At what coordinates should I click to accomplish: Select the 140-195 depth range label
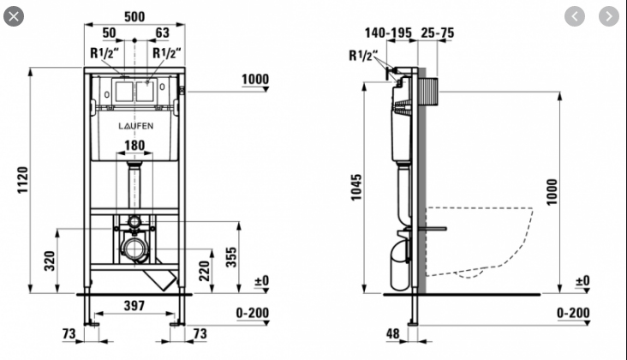(x=389, y=32)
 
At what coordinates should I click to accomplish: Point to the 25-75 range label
(x=438, y=32)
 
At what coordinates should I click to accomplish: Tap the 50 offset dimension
(x=109, y=32)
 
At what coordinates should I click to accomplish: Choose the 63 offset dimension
(x=162, y=32)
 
